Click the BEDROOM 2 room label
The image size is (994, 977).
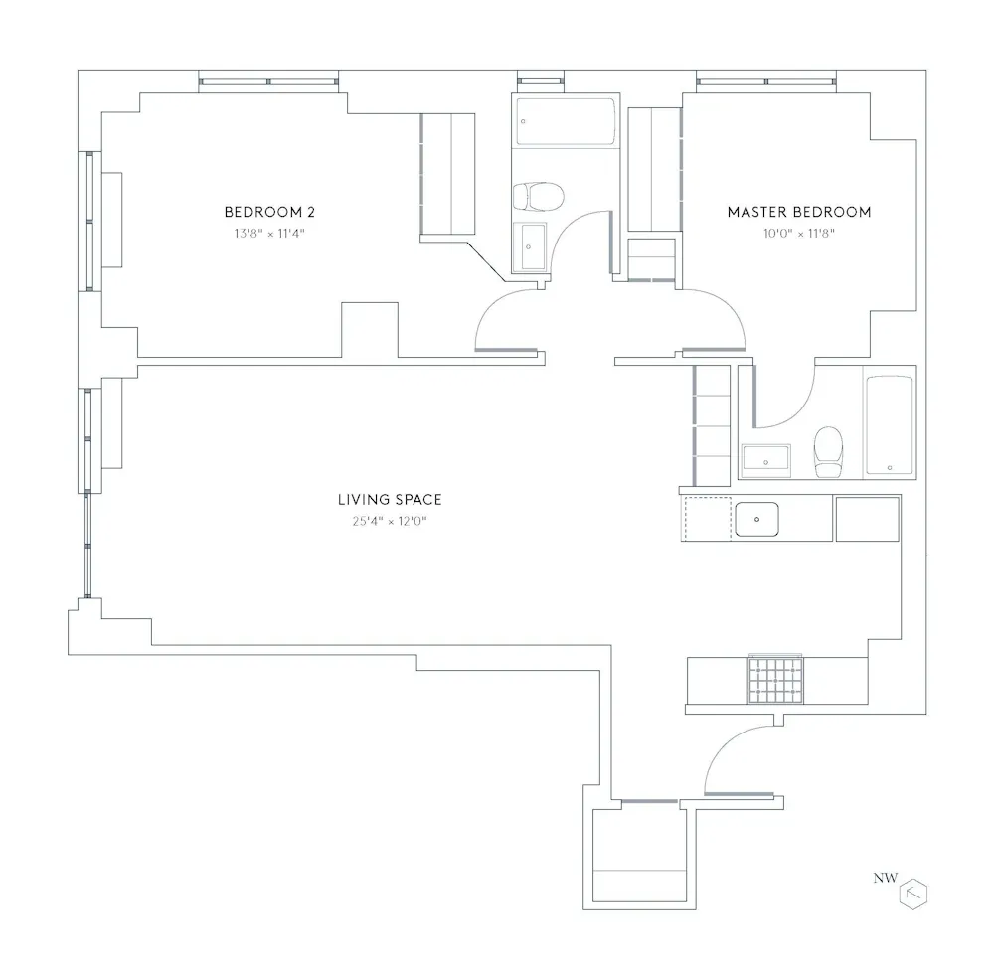tap(262, 212)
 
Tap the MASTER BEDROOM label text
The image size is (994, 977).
tap(798, 212)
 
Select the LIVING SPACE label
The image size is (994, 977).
tap(389, 500)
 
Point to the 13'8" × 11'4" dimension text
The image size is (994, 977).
tap(262, 234)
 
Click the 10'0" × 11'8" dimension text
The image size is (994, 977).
tap(798, 234)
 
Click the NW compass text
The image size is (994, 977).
tap(884, 878)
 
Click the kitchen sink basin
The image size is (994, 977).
tap(756, 519)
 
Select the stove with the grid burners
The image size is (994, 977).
tap(774, 680)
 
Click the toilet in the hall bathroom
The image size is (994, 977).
tap(538, 195)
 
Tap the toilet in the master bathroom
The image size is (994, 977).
tap(827, 451)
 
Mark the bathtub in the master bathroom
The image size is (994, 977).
tap(889, 425)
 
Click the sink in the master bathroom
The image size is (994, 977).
tap(765, 459)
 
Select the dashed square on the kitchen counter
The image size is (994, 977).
tap(707, 519)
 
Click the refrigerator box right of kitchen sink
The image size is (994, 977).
tap(867, 519)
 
